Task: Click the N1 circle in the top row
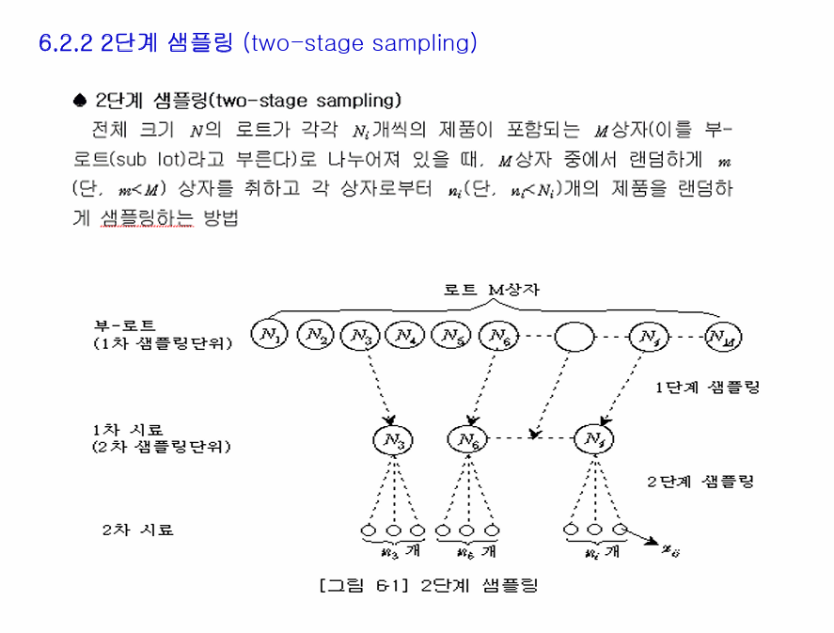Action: coord(269,335)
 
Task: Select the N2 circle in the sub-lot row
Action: coord(315,335)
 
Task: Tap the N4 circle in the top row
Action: coord(405,335)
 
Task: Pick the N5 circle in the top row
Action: coord(450,335)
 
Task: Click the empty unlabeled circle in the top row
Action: coord(574,336)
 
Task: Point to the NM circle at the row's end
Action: coord(722,336)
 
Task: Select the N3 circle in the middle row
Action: coord(393,438)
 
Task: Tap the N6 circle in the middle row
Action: coord(467,438)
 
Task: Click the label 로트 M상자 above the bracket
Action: coord(492,291)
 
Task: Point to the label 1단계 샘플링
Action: coord(708,387)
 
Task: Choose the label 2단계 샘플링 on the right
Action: coord(700,482)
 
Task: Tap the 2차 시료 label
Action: coord(138,530)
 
